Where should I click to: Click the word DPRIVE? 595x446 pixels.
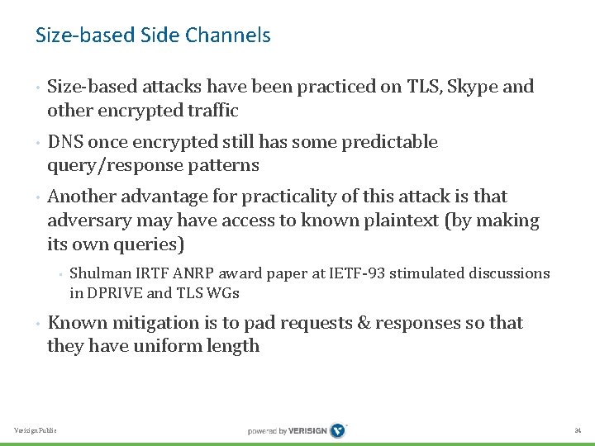click(x=117, y=292)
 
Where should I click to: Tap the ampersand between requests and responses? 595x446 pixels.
click(x=365, y=322)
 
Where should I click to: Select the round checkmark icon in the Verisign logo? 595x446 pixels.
click(x=338, y=430)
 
